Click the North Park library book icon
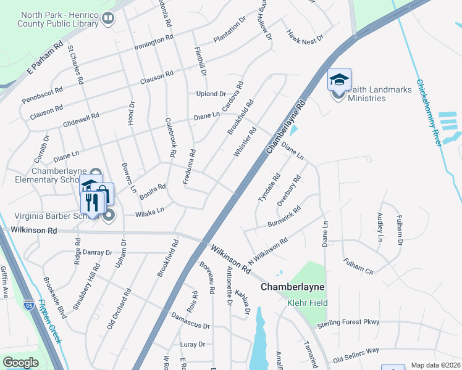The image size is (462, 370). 108,19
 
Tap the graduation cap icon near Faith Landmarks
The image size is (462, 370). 338,79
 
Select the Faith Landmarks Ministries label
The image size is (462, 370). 379,94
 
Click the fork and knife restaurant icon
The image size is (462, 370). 92,202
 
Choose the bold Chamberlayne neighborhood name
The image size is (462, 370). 293,287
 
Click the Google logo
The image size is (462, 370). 20,363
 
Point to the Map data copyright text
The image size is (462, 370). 435,365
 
